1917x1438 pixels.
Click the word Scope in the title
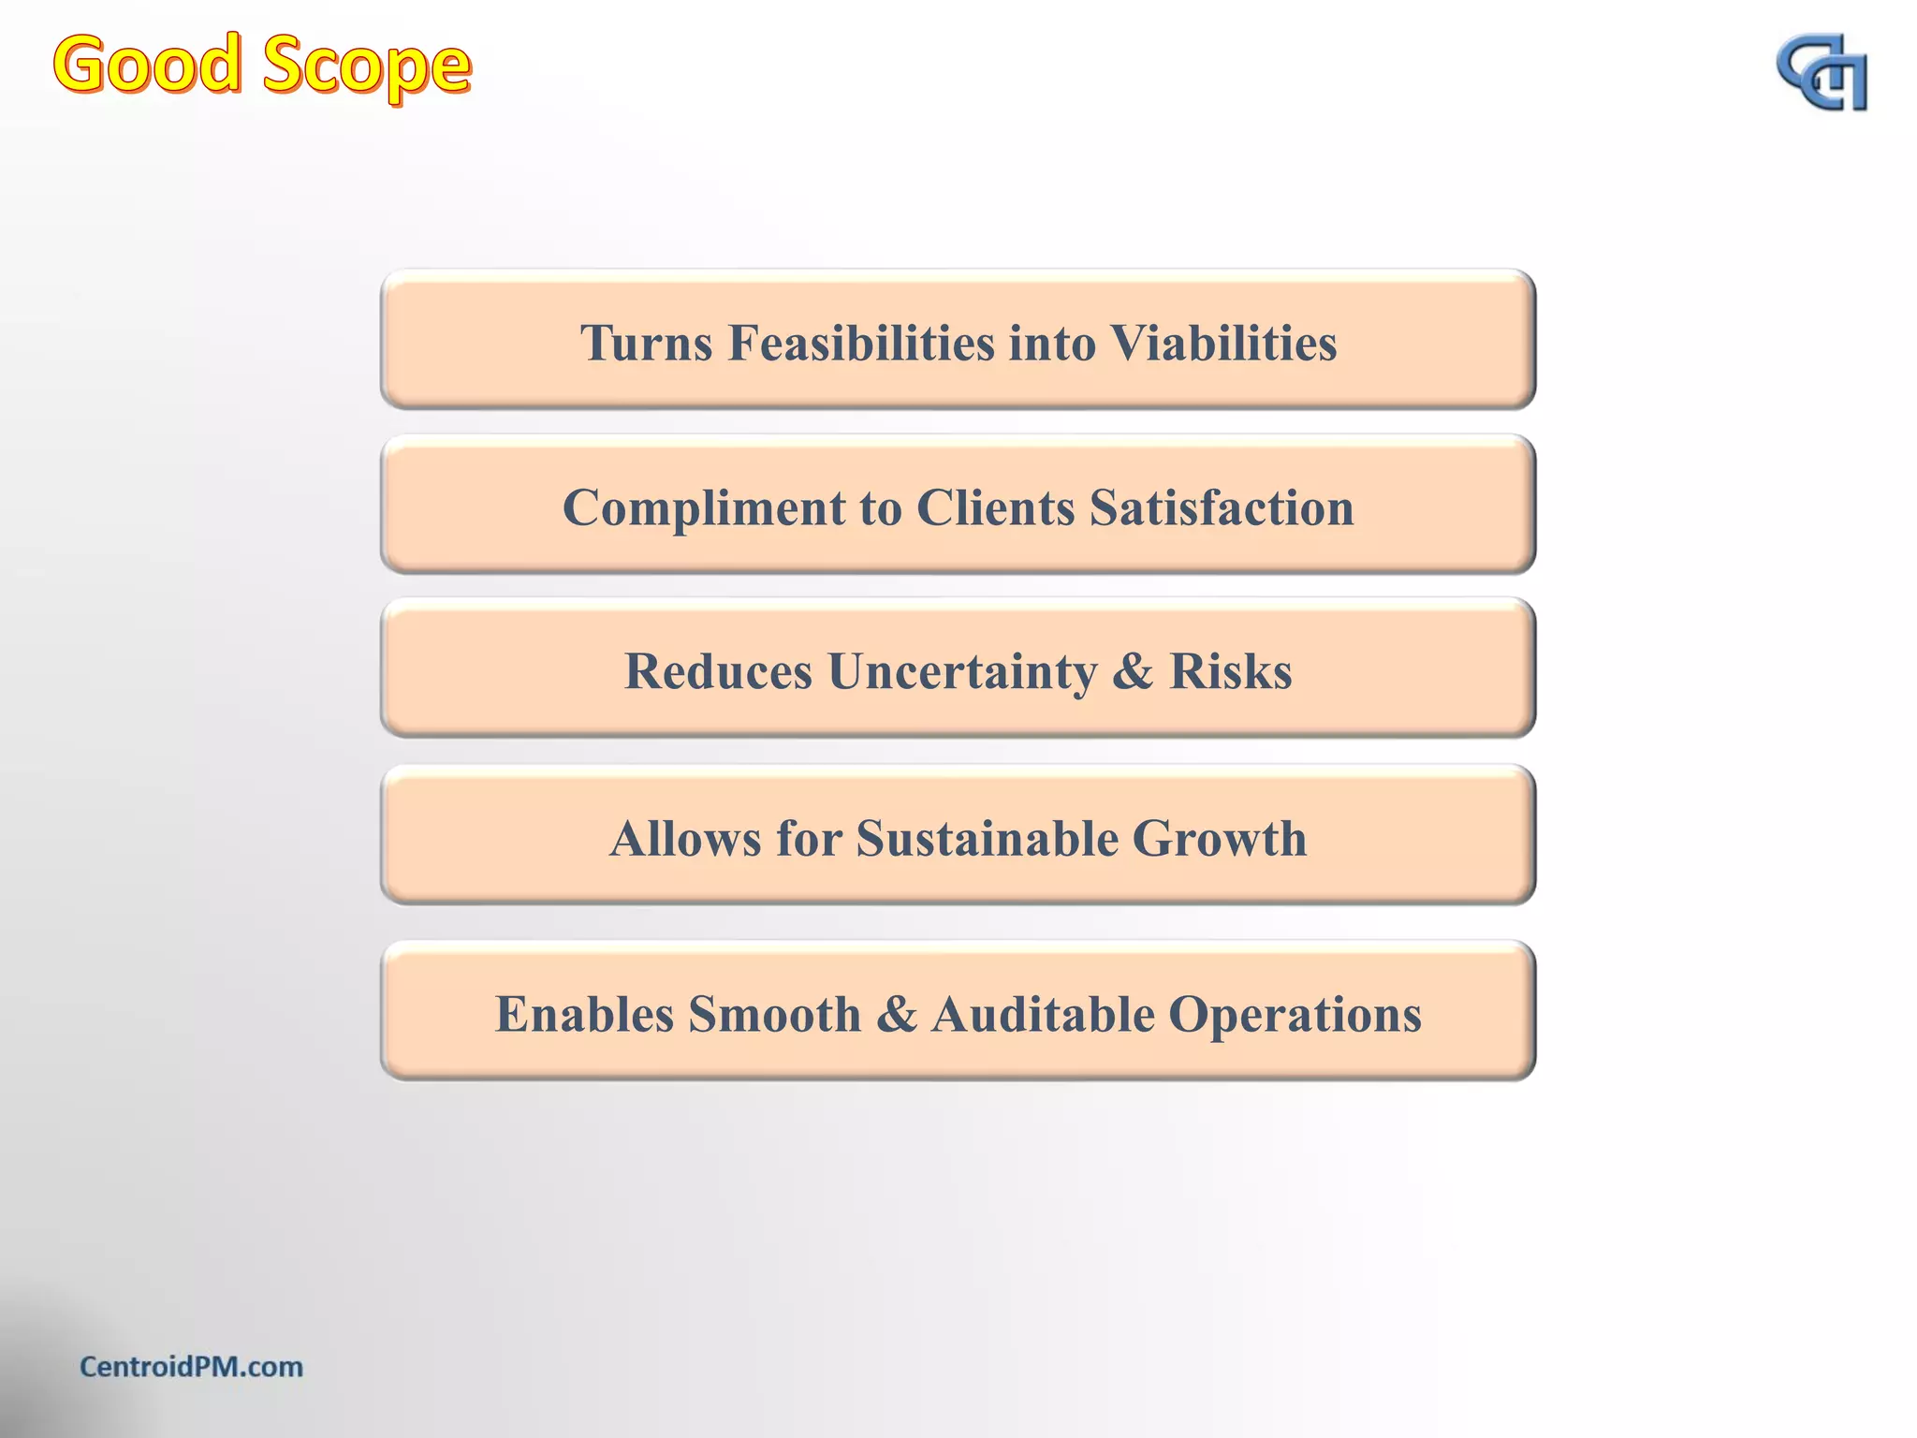(366, 67)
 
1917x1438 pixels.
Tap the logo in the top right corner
(1822, 74)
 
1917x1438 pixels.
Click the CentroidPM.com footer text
(191, 1367)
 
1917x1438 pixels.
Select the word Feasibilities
(861, 343)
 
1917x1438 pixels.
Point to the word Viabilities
(1223, 343)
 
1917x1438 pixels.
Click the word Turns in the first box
(646, 343)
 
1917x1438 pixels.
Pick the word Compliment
(704, 508)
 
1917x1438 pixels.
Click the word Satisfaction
(1222, 508)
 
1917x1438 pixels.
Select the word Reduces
(718, 672)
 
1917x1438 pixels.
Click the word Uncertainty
(962, 672)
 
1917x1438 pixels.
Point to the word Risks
(1230, 672)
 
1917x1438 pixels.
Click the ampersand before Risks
(1133, 672)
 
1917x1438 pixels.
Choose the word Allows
(685, 839)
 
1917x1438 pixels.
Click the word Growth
(1219, 839)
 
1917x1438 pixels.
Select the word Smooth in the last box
(775, 1014)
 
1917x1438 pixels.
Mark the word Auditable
(1043, 1014)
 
